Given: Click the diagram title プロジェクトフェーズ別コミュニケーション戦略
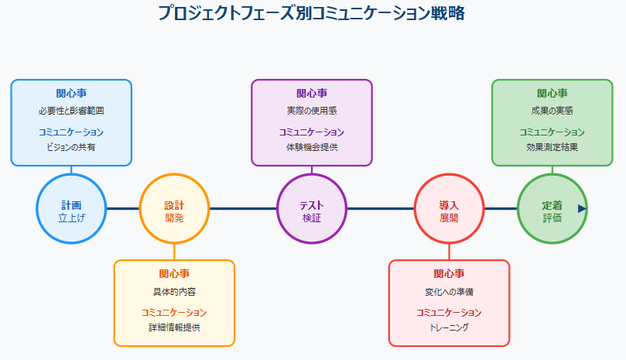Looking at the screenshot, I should point(312,13).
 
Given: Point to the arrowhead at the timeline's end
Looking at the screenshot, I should point(582,208).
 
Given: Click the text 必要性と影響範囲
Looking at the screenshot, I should point(71,111).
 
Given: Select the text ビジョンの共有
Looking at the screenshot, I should point(71,147).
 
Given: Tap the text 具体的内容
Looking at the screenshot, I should point(174,292).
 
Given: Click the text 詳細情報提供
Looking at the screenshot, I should point(174,327).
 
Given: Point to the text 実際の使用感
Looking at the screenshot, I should point(312,111).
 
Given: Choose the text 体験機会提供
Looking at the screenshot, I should point(312,147).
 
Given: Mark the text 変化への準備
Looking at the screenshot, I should point(449,292).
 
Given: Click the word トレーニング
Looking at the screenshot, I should point(449,327).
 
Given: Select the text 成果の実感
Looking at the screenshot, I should point(552,111).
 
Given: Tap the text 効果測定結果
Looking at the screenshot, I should point(552,147).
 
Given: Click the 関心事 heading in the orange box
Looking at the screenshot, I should point(174,274).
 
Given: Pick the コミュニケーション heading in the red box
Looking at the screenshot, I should point(449,312).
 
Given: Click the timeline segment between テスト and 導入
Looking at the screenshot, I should point(381,208).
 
